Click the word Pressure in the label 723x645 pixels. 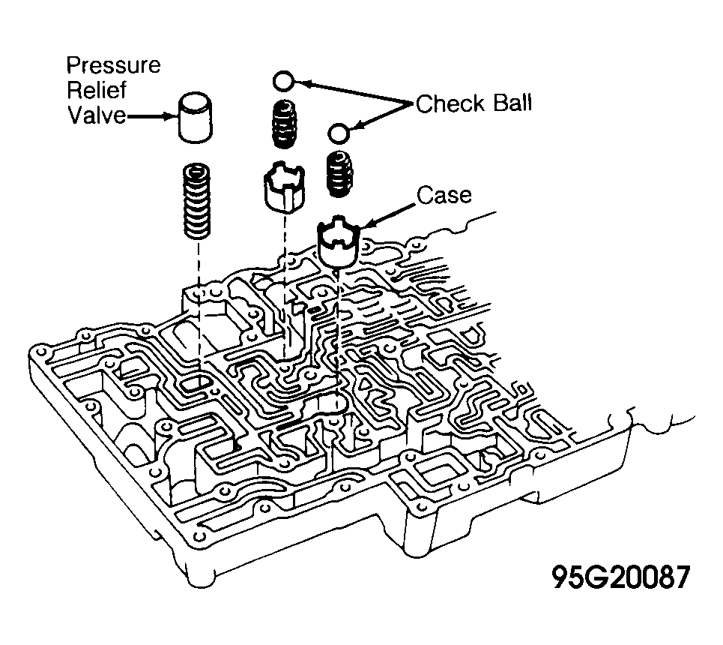pyautogui.click(x=113, y=65)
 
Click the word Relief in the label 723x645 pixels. pyautogui.click(x=97, y=89)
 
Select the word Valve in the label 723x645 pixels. pyautogui.click(x=97, y=115)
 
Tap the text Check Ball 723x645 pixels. pyautogui.click(x=474, y=103)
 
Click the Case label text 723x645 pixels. pyautogui.click(x=444, y=195)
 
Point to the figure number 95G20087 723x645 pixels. pyautogui.click(x=621, y=577)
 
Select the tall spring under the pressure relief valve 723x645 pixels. pyautogui.click(x=197, y=201)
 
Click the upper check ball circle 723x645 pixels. pyautogui.click(x=283, y=81)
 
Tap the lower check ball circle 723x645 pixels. pyautogui.click(x=339, y=133)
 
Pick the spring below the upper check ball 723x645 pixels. pyautogui.click(x=283, y=124)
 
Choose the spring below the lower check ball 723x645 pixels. pyautogui.click(x=340, y=175)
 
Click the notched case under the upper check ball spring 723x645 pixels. pyautogui.click(x=285, y=187)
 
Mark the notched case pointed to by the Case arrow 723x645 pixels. pyautogui.click(x=338, y=241)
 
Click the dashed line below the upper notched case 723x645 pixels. pyautogui.click(x=285, y=285)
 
